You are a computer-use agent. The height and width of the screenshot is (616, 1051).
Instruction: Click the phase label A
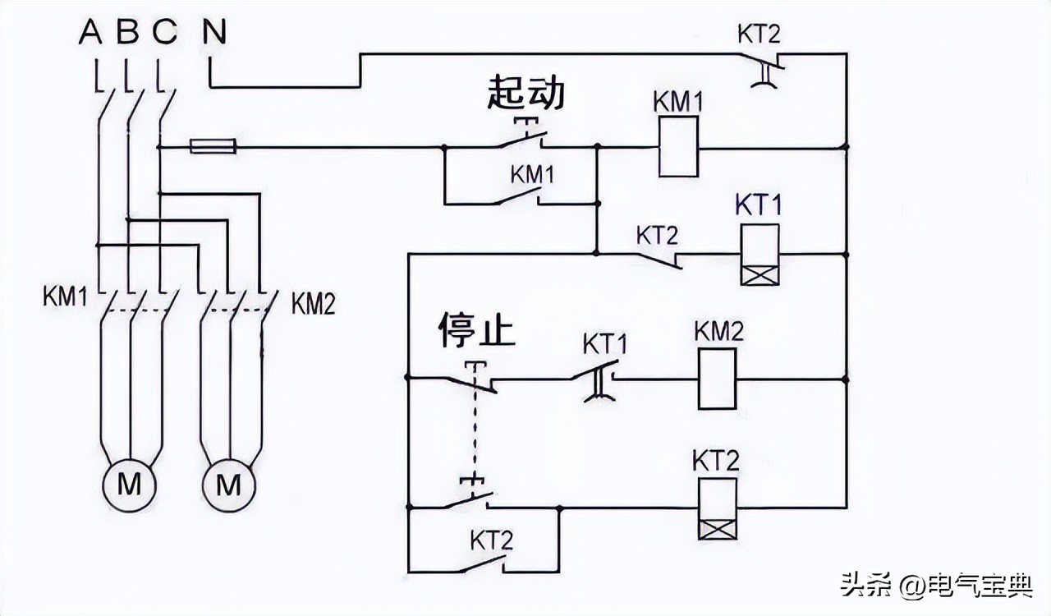pyautogui.click(x=90, y=33)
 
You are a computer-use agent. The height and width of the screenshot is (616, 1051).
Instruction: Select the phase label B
pyautogui.click(x=127, y=33)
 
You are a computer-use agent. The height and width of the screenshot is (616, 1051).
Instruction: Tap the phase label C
pyautogui.click(x=164, y=33)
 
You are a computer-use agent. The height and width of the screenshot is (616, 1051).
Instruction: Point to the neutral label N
pyautogui.click(x=215, y=33)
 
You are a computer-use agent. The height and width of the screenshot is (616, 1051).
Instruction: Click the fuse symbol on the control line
pyautogui.click(x=213, y=147)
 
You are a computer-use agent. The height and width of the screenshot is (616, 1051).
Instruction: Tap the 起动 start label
pyautogui.click(x=525, y=93)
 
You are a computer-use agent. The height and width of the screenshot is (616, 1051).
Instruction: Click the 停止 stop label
pyautogui.click(x=475, y=329)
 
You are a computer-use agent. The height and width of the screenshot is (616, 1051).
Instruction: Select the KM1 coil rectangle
pyautogui.click(x=678, y=146)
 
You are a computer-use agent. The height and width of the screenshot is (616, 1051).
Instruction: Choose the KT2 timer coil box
pyautogui.click(x=717, y=508)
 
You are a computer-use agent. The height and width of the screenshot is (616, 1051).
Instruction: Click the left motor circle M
pyautogui.click(x=129, y=485)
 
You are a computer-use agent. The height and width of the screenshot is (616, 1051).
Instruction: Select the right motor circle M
pyautogui.click(x=230, y=485)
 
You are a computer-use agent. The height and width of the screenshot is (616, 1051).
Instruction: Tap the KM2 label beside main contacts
pyautogui.click(x=313, y=303)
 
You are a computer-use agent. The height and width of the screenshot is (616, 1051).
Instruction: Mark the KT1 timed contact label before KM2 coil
pyautogui.click(x=605, y=342)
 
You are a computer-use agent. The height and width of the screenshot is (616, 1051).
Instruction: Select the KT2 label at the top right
pyautogui.click(x=760, y=34)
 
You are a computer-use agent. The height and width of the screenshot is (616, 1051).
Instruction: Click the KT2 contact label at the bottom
pyautogui.click(x=492, y=540)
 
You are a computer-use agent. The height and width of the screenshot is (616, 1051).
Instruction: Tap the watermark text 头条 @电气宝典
pyautogui.click(x=934, y=586)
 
